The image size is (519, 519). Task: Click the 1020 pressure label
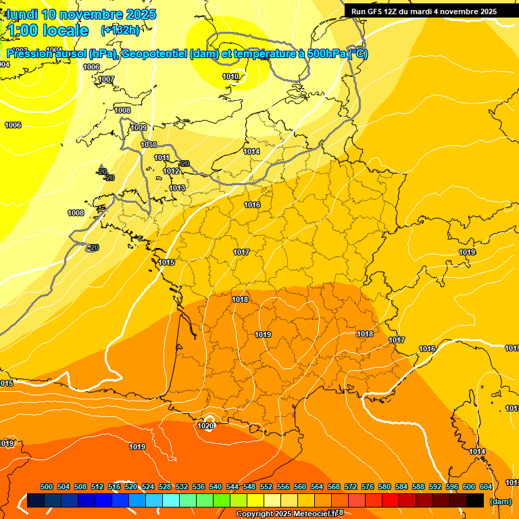[205, 425]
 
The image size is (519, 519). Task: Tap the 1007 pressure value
[106, 80]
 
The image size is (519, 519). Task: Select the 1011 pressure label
[162, 158]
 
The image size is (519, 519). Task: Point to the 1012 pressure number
[172, 172]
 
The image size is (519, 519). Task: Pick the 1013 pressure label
[177, 188]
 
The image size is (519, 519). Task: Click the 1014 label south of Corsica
[477, 452]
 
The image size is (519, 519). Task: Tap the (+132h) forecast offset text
[120, 30]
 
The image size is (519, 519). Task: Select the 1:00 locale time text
[47, 30]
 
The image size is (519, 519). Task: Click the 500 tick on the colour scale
[47, 487]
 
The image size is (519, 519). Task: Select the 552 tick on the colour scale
[266, 487]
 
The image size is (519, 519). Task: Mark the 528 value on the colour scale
[165, 487]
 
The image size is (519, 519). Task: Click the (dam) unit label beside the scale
[500, 501]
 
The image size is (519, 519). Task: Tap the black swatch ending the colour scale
[475, 501]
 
